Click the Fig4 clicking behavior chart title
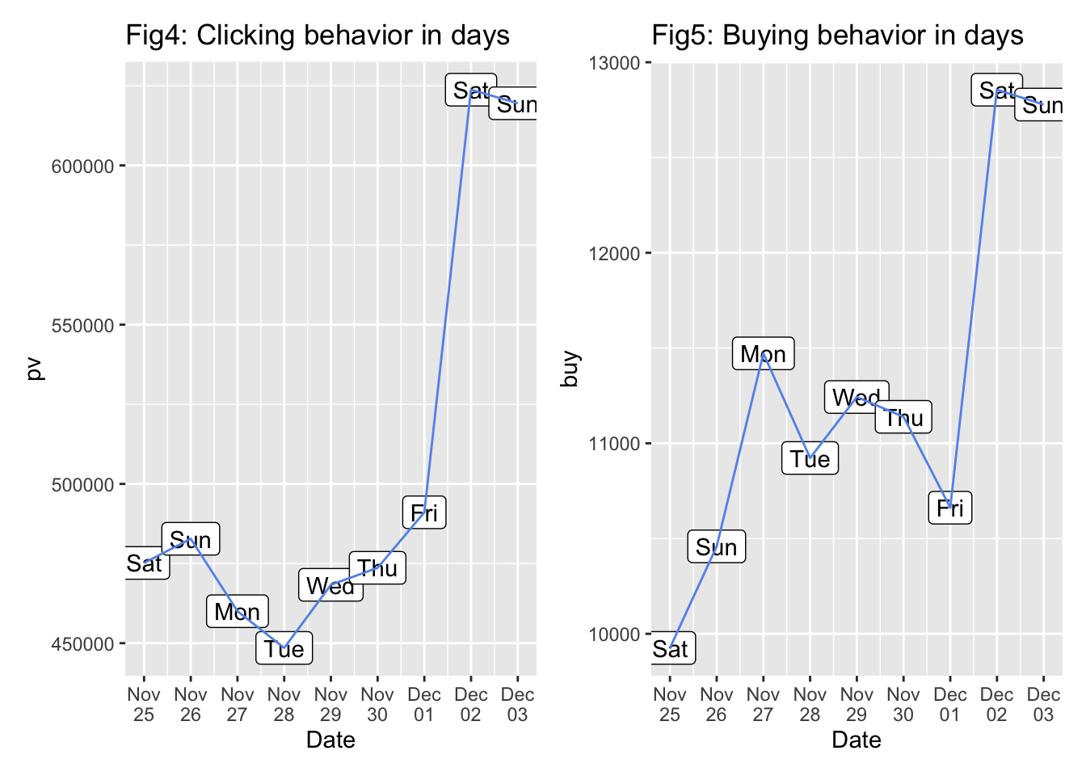(x=318, y=36)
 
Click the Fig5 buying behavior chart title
(x=837, y=36)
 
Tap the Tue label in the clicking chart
(x=284, y=648)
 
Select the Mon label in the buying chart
(x=763, y=354)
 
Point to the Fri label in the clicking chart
(x=424, y=512)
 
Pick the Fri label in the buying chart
(x=949, y=508)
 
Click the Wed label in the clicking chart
(x=330, y=585)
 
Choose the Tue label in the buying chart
(x=810, y=458)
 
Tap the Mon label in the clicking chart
(x=237, y=612)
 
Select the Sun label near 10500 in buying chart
(x=716, y=547)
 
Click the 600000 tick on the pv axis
(x=83, y=167)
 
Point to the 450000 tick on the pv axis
(x=83, y=644)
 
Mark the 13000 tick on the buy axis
(x=614, y=63)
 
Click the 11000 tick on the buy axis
(x=614, y=444)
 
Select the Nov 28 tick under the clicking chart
(x=284, y=704)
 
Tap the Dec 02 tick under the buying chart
(x=996, y=704)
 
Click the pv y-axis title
(x=34, y=369)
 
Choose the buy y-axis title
(x=570, y=369)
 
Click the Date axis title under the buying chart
(x=857, y=740)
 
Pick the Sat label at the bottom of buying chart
(x=671, y=648)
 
